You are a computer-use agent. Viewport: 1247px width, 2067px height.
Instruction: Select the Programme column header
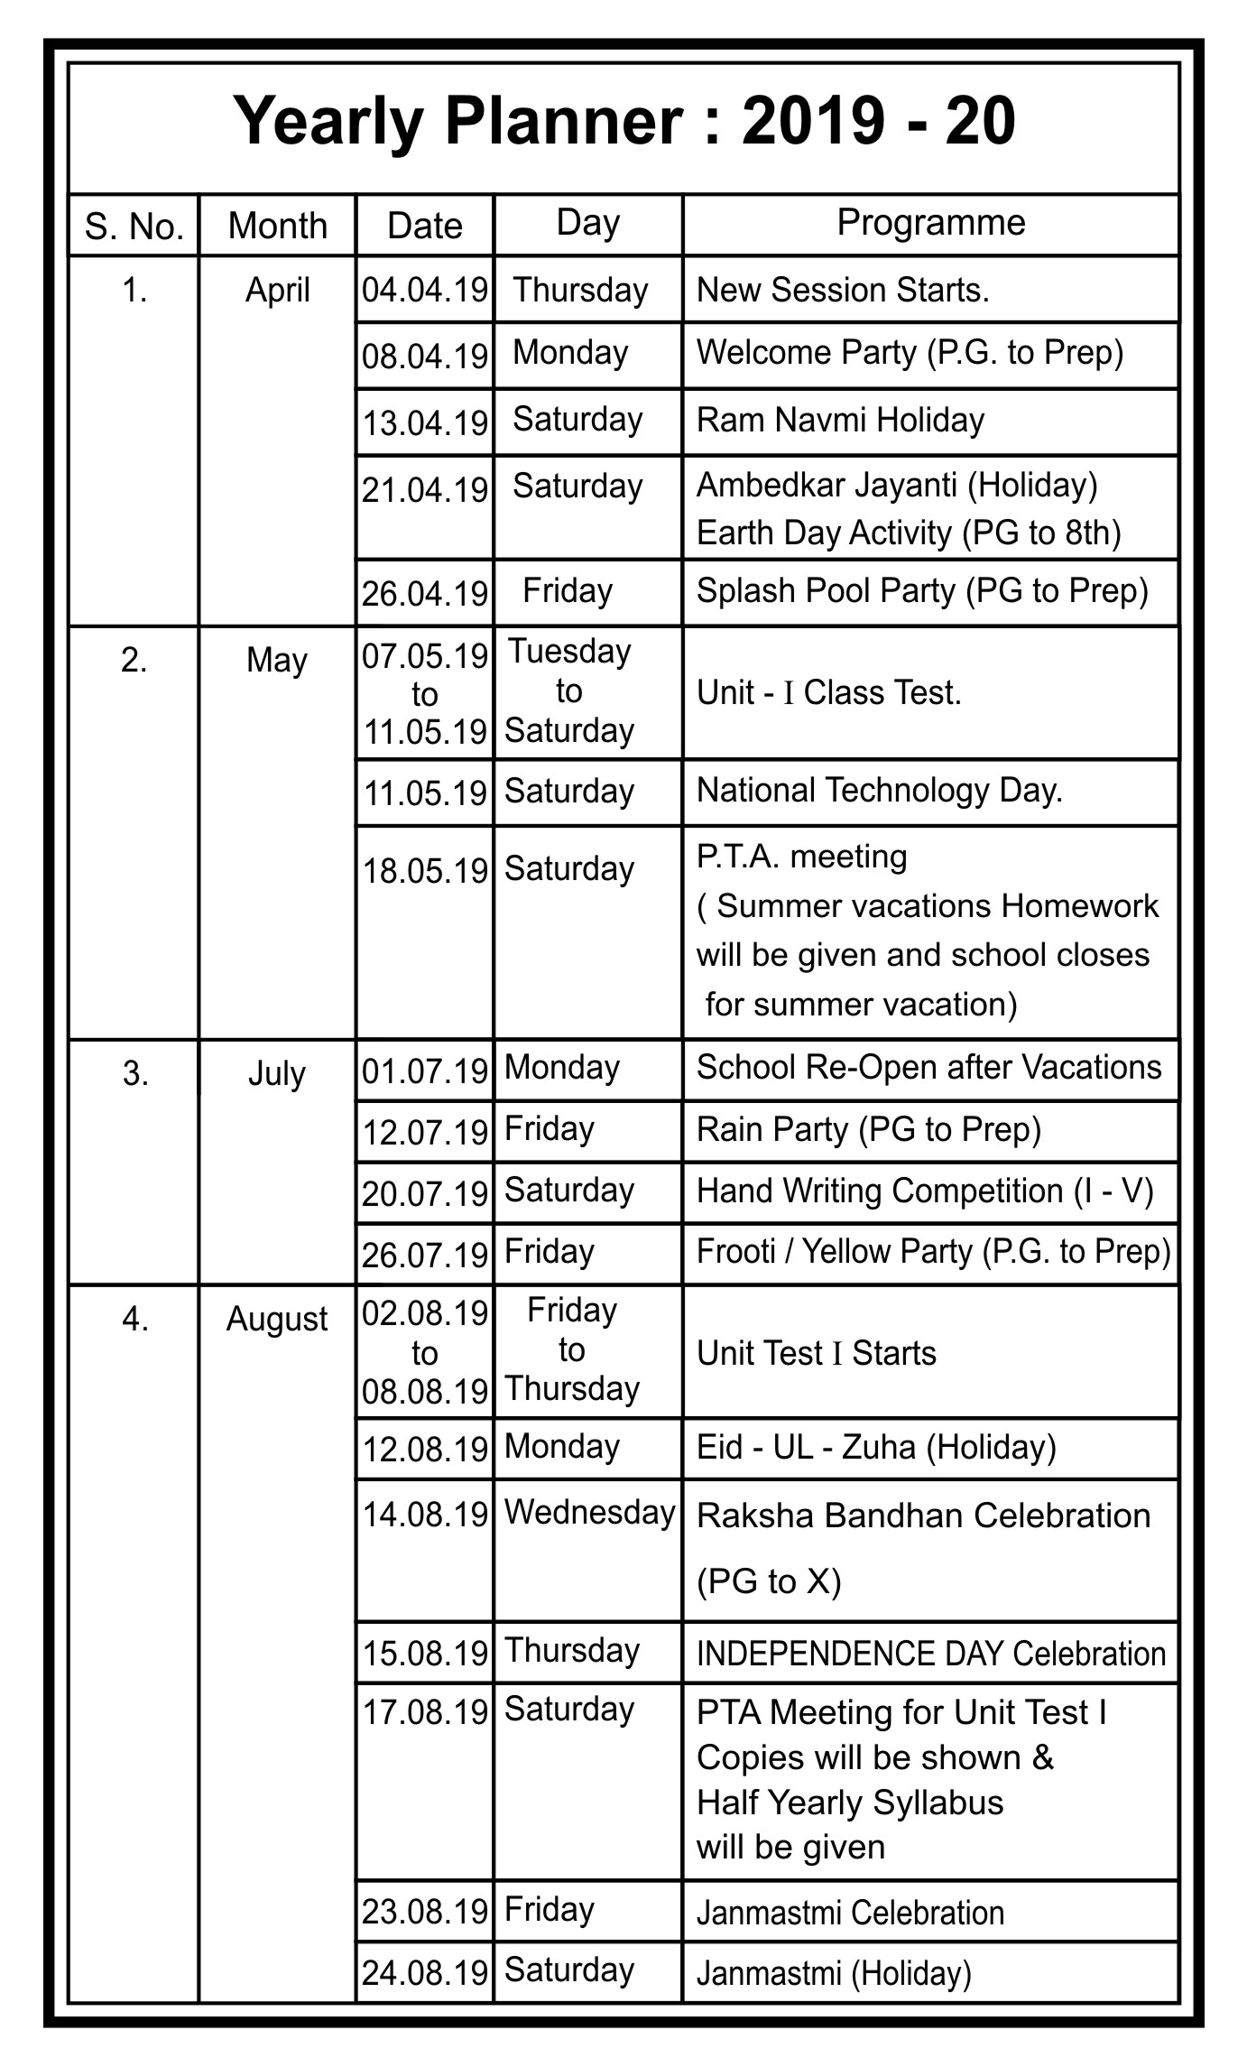[930, 223]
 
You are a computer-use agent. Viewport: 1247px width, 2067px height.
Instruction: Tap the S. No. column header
[134, 227]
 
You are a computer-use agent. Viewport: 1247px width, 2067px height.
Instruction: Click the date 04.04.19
[425, 290]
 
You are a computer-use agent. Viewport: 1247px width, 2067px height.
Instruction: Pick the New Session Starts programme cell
[843, 290]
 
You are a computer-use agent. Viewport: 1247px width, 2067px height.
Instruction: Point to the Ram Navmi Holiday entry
[840, 421]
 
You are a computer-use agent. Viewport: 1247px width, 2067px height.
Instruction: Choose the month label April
[277, 290]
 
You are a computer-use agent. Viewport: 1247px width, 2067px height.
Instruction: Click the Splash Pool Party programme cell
[922, 591]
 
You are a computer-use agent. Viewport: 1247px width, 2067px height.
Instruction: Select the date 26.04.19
[425, 593]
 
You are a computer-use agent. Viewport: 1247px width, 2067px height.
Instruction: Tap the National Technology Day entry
[880, 791]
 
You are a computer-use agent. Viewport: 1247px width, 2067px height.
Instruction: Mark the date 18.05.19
[425, 871]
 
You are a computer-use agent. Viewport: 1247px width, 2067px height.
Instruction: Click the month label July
[276, 1074]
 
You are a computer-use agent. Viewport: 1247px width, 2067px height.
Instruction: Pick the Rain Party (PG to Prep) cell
[869, 1130]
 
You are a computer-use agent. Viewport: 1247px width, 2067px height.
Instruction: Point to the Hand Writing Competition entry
[925, 1191]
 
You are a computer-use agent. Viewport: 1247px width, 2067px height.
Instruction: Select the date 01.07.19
[425, 1071]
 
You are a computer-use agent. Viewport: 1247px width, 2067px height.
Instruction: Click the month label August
[276, 1320]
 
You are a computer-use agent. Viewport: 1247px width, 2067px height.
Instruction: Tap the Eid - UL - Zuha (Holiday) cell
[876, 1447]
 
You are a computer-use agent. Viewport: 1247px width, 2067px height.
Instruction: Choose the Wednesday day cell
[589, 1513]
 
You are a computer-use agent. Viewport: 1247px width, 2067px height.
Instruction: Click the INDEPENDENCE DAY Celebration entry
[931, 1654]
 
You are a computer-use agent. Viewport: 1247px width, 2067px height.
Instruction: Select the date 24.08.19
[425, 1973]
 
